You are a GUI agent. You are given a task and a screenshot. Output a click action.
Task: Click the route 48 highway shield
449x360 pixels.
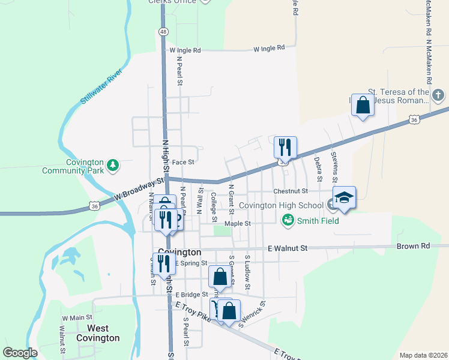163,31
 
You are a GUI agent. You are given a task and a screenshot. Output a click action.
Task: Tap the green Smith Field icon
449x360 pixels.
288,221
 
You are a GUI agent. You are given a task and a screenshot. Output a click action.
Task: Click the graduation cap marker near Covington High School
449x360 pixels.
345,197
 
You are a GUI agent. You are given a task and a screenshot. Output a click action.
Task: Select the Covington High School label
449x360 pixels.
282,205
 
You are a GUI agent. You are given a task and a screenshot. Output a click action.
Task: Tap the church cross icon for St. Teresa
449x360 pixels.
439,95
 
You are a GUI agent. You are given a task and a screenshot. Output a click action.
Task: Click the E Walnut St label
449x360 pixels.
288,248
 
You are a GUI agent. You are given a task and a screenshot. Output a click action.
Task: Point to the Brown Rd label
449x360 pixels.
414,246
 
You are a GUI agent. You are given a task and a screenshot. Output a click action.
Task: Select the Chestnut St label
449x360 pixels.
290,191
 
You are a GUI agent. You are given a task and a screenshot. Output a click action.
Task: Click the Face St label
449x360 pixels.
183,162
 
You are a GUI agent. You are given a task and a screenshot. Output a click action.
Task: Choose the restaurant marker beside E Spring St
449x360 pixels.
163,263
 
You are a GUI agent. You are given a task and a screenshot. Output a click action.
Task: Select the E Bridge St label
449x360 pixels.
191,295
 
